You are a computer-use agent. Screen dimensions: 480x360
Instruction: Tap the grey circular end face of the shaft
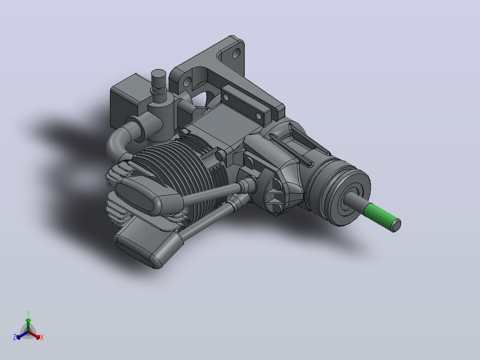396,225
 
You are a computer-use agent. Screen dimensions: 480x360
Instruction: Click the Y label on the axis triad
28,313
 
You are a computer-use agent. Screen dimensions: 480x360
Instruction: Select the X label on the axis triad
42,337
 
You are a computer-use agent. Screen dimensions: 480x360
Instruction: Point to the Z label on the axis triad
15,337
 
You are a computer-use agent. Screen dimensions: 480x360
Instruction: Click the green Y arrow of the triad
28,324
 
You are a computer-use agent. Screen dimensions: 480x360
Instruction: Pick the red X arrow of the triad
34,335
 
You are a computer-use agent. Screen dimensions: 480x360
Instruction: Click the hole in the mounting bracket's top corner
236,53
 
